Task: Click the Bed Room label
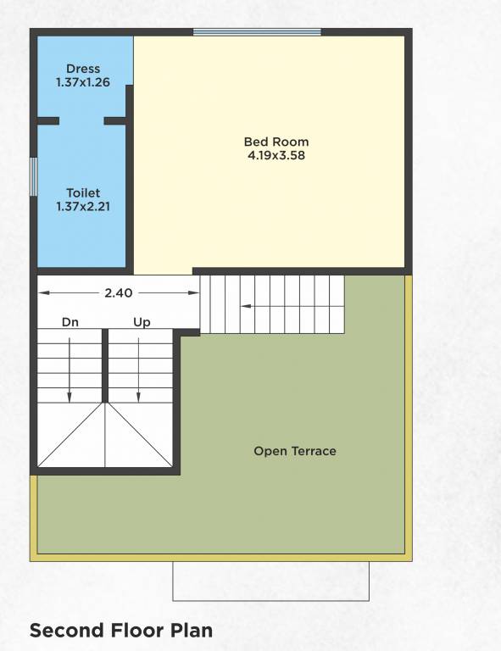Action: tap(276, 142)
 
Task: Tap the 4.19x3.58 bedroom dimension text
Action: tap(276, 156)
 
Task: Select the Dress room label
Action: tap(83, 69)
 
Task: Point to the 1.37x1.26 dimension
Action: tap(83, 82)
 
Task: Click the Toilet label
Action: tap(83, 193)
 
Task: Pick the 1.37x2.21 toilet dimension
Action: tap(83, 206)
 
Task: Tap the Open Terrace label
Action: tap(295, 451)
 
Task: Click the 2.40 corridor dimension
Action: tap(117, 292)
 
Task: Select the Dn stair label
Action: tap(70, 322)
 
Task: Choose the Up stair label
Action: tap(141, 322)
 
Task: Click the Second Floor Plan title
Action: tap(121, 631)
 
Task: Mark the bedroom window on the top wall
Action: tap(257, 32)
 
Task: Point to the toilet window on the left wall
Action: tap(33, 175)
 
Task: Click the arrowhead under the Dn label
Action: tap(70, 395)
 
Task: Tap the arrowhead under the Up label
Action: tap(141, 395)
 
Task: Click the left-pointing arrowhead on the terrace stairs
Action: tap(245, 305)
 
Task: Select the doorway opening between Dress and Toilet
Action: tap(82, 121)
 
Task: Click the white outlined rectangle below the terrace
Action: tap(271, 581)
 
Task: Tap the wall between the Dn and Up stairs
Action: tap(105, 364)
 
